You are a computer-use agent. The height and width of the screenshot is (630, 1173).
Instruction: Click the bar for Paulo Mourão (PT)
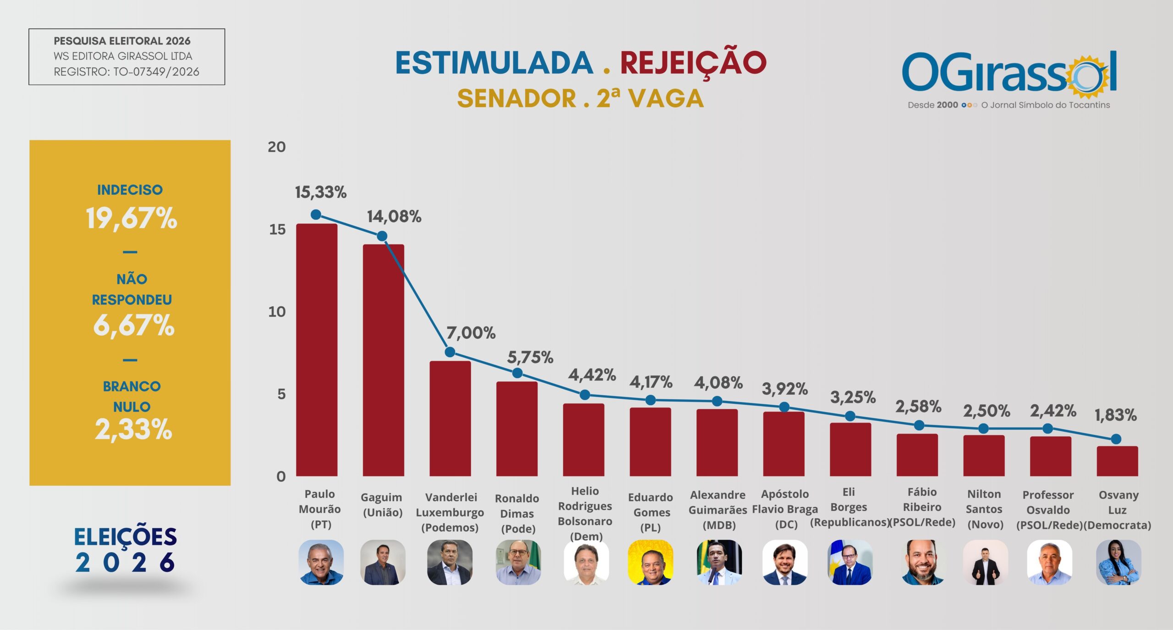coord(317,350)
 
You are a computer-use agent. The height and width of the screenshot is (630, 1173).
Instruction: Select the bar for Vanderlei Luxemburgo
coord(450,418)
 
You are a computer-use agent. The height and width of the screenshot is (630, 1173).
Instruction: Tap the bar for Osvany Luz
coord(1117,461)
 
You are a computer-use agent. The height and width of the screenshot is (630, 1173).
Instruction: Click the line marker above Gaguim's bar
coord(382,236)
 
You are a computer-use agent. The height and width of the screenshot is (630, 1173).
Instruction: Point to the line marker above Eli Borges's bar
coord(850,416)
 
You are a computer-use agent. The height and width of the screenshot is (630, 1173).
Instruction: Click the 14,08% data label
coord(394,217)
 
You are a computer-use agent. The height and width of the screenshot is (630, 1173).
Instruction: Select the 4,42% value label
coord(592,375)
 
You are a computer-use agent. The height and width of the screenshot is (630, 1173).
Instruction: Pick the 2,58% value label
coord(918,406)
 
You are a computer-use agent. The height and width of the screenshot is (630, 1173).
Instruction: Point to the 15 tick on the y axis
coord(277,229)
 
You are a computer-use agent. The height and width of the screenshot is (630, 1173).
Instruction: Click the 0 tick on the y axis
coord(281,477)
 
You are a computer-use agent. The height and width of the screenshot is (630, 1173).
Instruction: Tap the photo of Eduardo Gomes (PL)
coord(650,562)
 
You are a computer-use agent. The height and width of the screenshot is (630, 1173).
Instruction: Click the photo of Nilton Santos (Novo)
coord(985,562)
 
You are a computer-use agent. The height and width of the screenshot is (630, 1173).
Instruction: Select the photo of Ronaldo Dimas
coord(518,562)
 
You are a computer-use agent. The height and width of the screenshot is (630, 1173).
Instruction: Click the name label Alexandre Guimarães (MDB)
coord(718,510)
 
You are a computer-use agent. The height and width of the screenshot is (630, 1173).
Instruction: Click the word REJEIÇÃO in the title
coord(693,64)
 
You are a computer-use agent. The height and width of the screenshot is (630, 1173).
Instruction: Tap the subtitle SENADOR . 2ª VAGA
coord(581,98)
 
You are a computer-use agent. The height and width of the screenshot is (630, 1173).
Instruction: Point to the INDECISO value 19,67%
coord(131,218)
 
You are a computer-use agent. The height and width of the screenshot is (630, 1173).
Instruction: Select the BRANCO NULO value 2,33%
coord(133,429)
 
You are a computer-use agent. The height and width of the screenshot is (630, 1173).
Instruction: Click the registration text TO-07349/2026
coord(156,72)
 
